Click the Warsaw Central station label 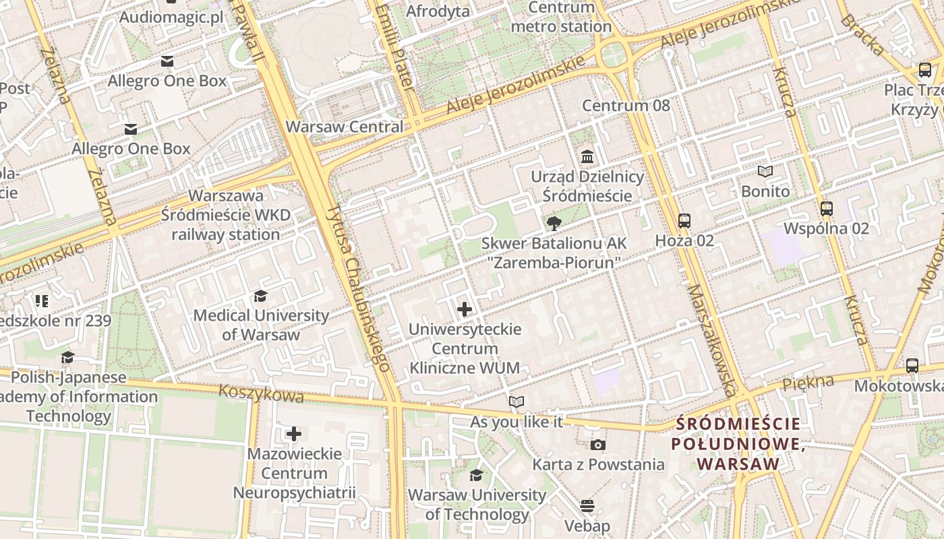pos(345,127)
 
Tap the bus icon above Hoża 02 pos(684,220)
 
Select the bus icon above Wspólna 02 pos(827,209)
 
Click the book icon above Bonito pos(765,172)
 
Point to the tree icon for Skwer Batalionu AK pos(554,223)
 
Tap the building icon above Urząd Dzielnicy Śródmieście pos(587,157)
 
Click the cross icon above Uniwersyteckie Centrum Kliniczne pos(465,309)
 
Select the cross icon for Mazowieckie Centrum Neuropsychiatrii pos(294,433)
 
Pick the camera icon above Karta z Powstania pos(598,445)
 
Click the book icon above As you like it pos(517,402)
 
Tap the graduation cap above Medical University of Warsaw pos(260,296)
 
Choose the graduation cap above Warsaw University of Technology pos(476,476)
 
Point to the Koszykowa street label pos(261,393)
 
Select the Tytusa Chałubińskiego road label pos(357,288)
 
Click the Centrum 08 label pos(626,106)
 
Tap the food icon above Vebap pos(587,506)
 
